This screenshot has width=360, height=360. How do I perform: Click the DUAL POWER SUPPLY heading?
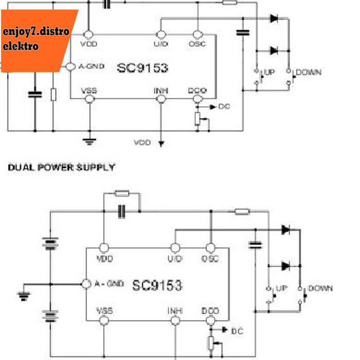point(61,168)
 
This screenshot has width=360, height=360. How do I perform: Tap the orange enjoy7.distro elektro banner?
point(36,39)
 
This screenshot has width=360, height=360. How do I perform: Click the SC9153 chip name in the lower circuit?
point(157,284)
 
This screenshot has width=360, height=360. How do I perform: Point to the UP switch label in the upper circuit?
point(269,72)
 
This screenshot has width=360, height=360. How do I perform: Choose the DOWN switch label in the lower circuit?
point(320,288)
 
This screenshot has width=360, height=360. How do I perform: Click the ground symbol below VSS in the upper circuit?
point(89,139)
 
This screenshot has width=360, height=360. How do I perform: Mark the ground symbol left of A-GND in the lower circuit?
point(24,295)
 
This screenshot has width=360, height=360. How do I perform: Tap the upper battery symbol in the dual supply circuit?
point(50,243)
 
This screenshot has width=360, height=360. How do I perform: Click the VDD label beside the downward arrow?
point(142,142)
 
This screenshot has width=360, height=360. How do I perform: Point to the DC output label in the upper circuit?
point(224,107)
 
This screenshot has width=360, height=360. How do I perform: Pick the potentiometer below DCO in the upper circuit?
point(197,119)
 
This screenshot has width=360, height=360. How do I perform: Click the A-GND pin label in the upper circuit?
point(93,67)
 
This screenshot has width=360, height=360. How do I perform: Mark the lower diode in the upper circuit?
point(273,50)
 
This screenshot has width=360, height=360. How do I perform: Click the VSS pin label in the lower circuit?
point(104,311)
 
